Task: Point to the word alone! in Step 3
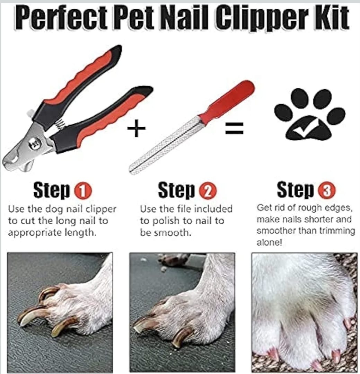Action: [x=270, y=242]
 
